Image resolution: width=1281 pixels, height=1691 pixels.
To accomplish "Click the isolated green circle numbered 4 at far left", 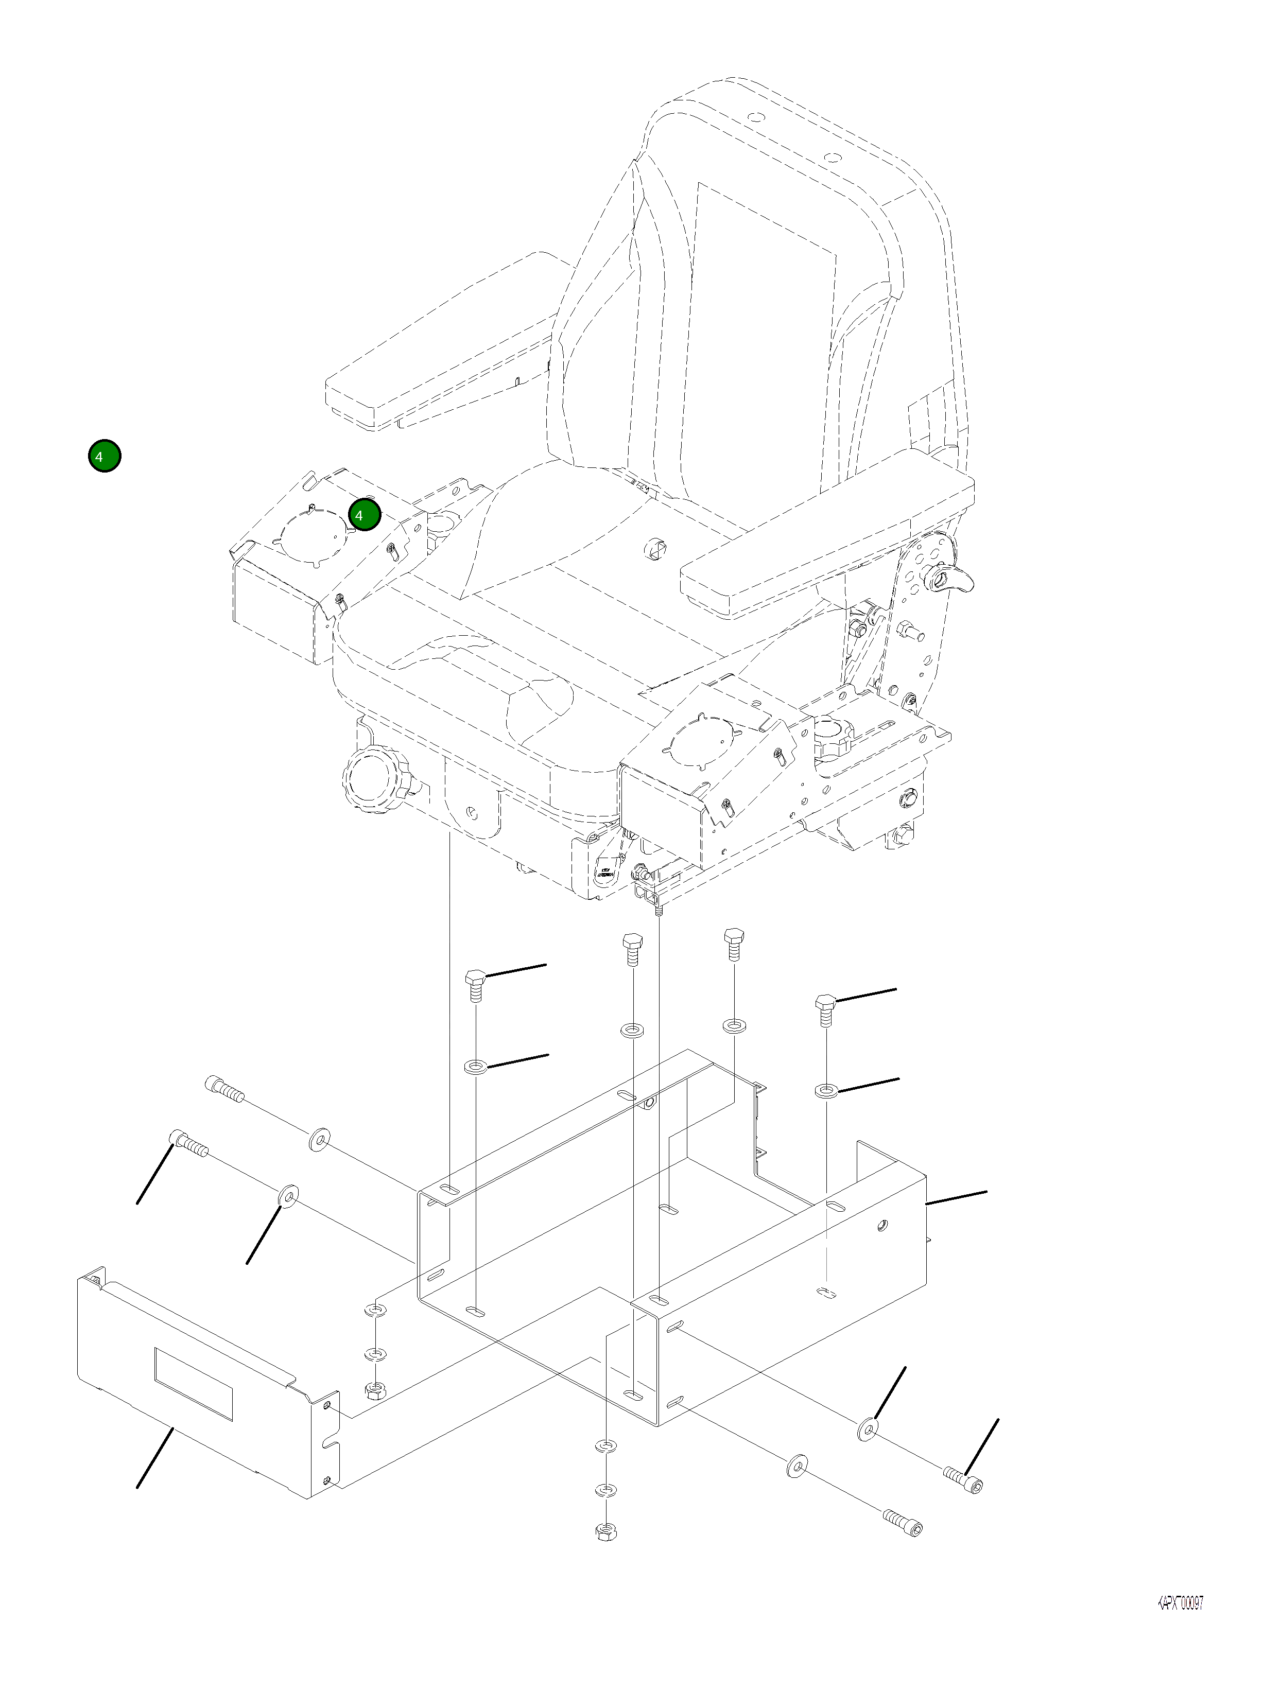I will point(104,457).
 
